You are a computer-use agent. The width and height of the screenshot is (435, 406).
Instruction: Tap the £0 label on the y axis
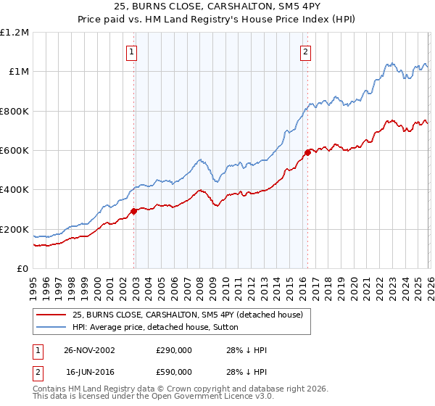coord(23,269)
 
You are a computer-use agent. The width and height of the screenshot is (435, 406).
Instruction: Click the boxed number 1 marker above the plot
coord(132,51)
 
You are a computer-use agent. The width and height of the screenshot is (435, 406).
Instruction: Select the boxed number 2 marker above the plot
coord(306,51)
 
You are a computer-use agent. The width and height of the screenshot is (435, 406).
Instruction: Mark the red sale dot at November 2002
coord(134,212)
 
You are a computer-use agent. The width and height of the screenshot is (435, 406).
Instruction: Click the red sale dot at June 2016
coord(307,152)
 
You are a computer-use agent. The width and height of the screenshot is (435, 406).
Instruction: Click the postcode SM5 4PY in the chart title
coord(255,6)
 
